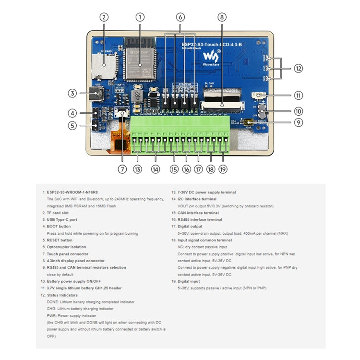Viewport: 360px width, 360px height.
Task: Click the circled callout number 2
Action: pyautogui.click(x=104, y=17)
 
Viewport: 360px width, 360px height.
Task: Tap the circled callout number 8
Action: pyautogui.click(x=221, y=17)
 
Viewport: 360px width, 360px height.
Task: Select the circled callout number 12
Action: pyautogui.click(x=298, y=69)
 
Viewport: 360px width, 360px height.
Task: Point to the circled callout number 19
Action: pyautogui.click(x=223, y=169)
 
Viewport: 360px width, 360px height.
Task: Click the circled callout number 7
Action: pyautogui.click(x=122, y=169)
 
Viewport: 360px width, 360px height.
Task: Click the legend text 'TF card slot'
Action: pyautogui.click(x=58, y=213)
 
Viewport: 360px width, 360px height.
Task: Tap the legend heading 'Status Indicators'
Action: pyautogui.click(x=62, y=295)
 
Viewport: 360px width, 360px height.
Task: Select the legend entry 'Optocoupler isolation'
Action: pyautogui.click(x=66, y=247)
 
